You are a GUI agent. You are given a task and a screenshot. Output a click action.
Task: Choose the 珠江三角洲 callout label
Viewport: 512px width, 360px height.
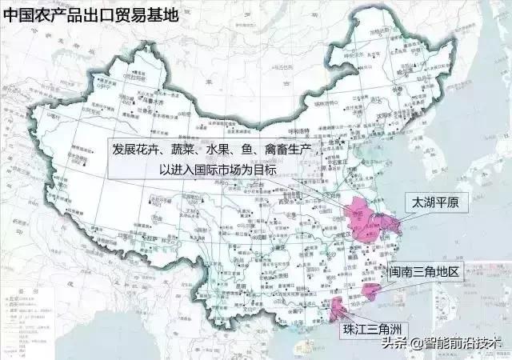click(371, 329)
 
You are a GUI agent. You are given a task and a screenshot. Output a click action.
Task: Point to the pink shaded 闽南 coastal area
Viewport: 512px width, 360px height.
click(372, 290)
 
